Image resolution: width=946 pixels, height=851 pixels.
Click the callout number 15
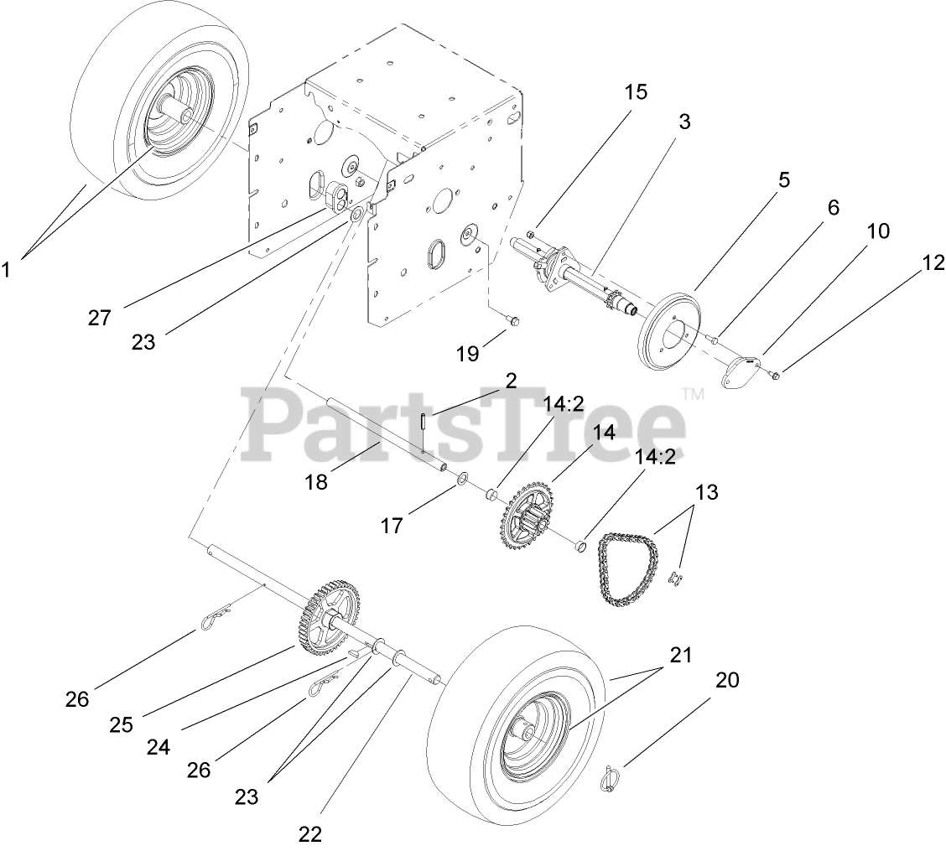click(x=636, y=91)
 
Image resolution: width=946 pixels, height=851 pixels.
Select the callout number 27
click(x=99, y=319)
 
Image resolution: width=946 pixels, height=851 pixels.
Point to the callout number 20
click(x=727, y=680)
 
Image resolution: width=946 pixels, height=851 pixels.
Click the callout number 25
click(x=121, y=724)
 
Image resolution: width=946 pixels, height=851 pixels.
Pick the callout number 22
click(x=309, y=834)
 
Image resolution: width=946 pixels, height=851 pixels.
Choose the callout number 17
click(x=392, y=526)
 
